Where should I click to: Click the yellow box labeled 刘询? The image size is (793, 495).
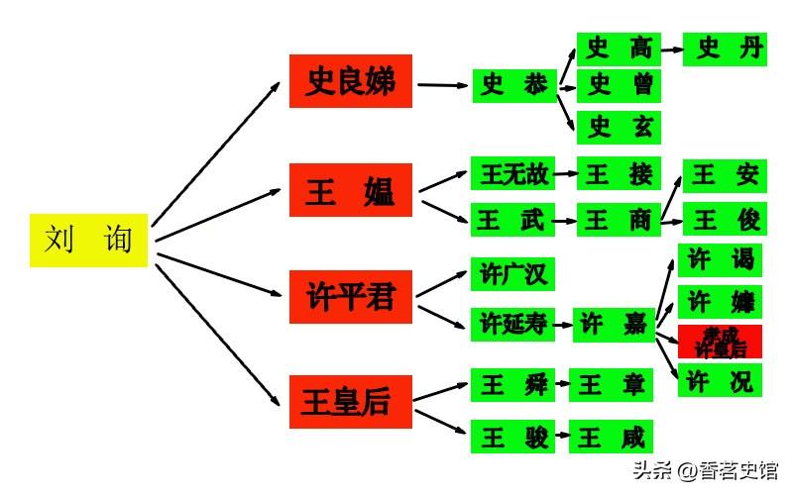click(x=88, y=240)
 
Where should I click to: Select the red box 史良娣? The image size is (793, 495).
click(x=350, y=81)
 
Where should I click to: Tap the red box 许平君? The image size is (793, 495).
click(x=350, y=296)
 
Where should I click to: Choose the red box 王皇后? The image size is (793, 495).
click(x=350, y=402)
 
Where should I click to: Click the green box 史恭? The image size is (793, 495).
click(x=512, y=86)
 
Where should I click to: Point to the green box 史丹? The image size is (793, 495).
click(x=725, y=49)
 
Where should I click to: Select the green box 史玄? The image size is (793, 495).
click(x=618, y=127)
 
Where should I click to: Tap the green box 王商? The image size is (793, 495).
click(x=618, y=220)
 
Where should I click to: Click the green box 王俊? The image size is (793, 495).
click(x=725, y=220)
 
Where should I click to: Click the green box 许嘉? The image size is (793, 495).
click(x=614, y=324)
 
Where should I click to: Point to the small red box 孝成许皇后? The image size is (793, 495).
click(x=720, y=342)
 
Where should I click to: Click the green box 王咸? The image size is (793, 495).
click(x=612, y=437)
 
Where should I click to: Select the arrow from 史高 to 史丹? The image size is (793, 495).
click(x=671, y=49)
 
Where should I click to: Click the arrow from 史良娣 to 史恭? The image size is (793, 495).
click(x=442, y=85)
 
